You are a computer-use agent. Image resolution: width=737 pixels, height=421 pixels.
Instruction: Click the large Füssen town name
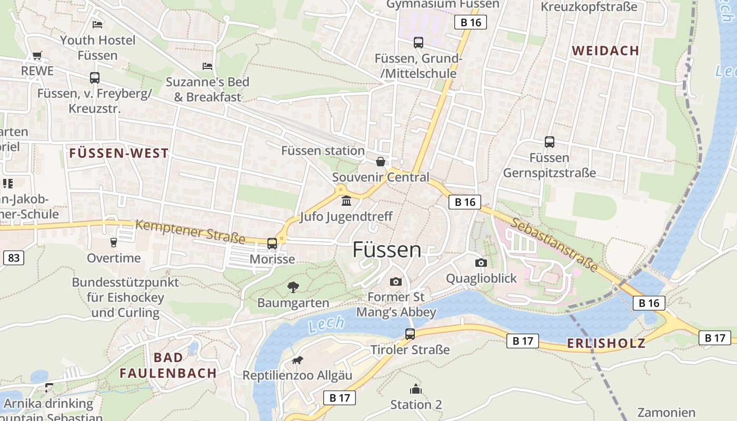click(x=387, y=249)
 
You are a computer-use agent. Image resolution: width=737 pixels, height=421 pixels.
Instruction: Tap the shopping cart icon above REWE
click(x=37, y=55)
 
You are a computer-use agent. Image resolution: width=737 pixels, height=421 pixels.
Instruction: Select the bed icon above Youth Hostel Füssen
click(x=97, y=24)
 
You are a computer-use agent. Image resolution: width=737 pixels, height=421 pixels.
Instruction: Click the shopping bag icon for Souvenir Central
click(x=380, y=162)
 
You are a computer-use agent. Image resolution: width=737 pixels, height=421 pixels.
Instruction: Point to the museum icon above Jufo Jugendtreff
click(x=346, y=201)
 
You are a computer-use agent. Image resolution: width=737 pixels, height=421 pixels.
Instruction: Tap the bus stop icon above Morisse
click(x=272, y=243)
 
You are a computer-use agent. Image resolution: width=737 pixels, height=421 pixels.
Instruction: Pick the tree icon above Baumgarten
click(x=293, y=287)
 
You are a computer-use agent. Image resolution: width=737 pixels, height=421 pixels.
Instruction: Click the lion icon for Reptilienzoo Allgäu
click(x=297, y=360)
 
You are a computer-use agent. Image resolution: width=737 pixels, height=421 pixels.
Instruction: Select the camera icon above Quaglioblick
click(x=481, y=263)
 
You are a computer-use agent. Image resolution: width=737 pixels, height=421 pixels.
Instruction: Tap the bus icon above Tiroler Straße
click(x=410, y=334)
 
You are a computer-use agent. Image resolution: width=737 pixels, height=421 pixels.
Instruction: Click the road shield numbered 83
click(x=14, y=258)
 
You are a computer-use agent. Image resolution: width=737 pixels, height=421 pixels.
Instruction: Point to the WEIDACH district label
click(x=605, y=51)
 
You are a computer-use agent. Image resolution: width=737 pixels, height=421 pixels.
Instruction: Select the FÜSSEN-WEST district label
click(x=119, y=154)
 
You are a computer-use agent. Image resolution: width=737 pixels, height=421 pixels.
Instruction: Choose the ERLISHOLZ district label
click(x=606, y=344)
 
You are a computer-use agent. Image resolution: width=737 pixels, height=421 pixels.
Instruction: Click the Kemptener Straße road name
click(x=190, y=232)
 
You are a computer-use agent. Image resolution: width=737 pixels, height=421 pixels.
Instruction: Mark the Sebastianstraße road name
click(x=554, y=245)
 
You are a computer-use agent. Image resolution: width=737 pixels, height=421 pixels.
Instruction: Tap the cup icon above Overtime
click(x=113, y=242)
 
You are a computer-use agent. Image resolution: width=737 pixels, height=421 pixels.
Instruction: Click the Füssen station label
click(x=323, y=151)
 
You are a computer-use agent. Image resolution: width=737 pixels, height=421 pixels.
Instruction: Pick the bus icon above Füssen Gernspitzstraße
click(x=549, y=142)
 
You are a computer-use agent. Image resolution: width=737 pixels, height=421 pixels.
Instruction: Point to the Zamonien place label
click(x=666, y=412)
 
